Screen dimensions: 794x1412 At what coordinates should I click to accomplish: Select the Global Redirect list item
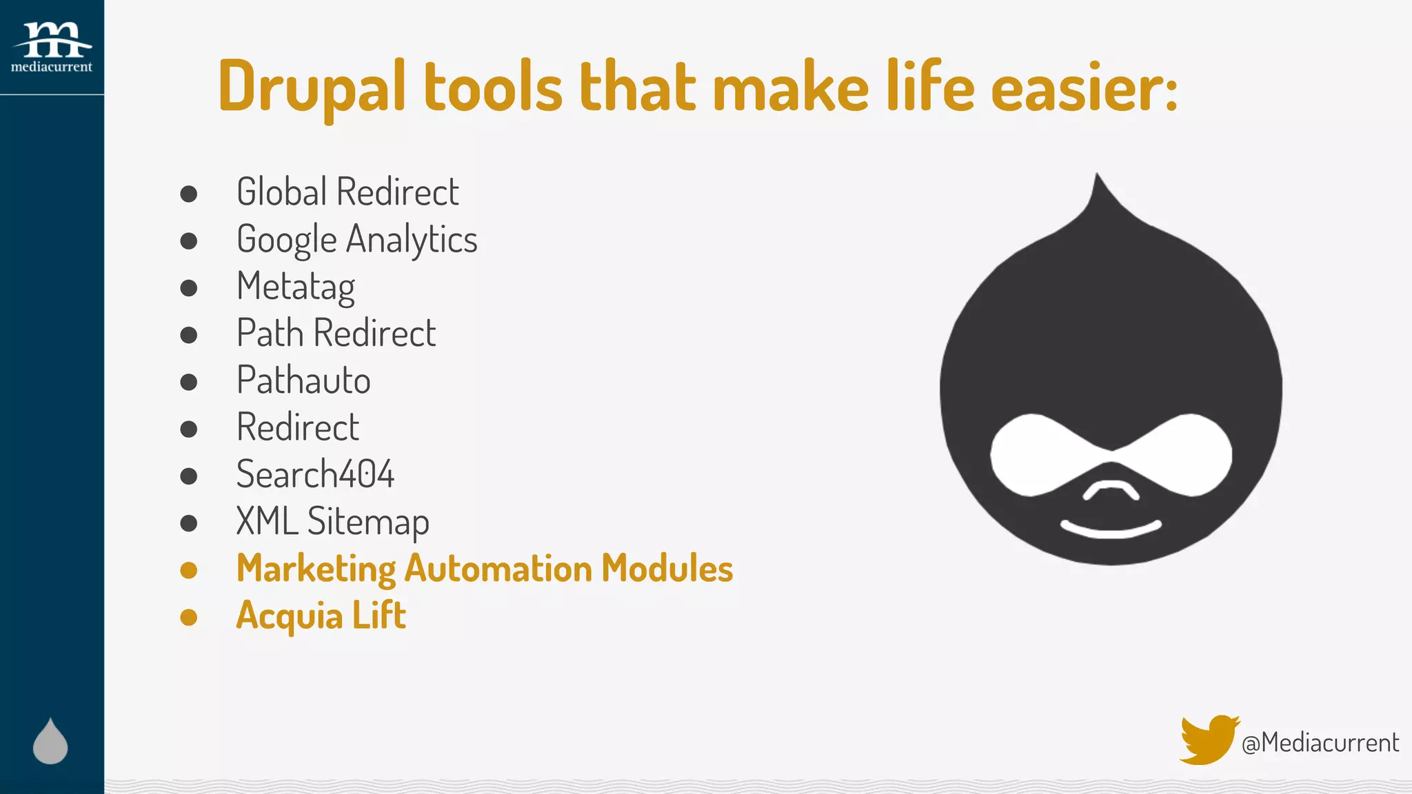pyautogui.click(x=347, y=192)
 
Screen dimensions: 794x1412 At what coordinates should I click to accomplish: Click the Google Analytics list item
pyautogui.click(x=356, y=239)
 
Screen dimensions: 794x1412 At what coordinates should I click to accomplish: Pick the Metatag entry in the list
pyautogui.click(x=296, y=286)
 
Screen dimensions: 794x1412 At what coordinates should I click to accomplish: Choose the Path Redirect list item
pyautogui.click(x=336, y=333)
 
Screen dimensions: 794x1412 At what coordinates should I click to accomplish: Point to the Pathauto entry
pyautogui.click(x=303, y=380)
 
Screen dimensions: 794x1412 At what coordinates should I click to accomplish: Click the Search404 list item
pyautogui.click(x=315, y=474)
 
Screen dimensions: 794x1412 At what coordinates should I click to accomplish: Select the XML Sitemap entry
pyautogui.click(x=332, y=521)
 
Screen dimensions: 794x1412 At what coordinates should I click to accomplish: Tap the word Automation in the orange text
pyautogui.click(x=498, y=569)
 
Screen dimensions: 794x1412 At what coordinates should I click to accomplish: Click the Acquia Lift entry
pyautogui.click(x=321, y=615)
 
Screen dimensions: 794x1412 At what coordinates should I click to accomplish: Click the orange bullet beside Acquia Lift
pyautogui.click(x=189, y=617)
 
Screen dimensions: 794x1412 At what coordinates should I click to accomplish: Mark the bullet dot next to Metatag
pyautogui.click(x=189, y=287)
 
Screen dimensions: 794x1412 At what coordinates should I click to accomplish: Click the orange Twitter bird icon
pyautogui.click(x=1208, y=740)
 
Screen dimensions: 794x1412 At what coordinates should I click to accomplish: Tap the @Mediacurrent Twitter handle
pyautogui.click(x=1320, y=742)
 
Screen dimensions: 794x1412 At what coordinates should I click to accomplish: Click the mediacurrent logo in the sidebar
pyautogui.click(x=52, y=47)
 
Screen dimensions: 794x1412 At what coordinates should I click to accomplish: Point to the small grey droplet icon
pyautogui.click(x=50, y=742)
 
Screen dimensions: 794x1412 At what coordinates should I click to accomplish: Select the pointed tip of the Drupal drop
pyautogui.click(x=1097, y=181)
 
